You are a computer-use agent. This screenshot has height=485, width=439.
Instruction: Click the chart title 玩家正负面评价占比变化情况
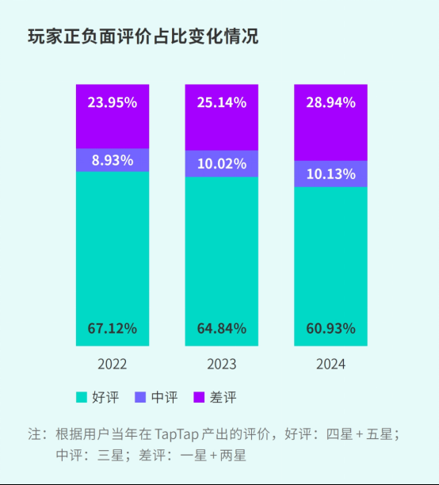pyautogui.click(x=143, y=37)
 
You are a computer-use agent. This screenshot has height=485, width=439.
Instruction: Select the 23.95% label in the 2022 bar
pyautogui.click(x=113, y=102)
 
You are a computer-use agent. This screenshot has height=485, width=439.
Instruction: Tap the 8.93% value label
pyautogui.click(x=113, y=159)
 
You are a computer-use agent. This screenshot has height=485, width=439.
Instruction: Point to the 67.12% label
pyautogui.click(x=113, y=327)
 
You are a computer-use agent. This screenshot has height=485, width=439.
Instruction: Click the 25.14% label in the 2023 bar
pyautogui.click(x=221, y=102)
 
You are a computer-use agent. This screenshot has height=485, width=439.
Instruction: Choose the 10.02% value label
pyautogui.click(x=221, y=163)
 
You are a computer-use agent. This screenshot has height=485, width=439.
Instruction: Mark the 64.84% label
pyautogui.click(x=221, y=327)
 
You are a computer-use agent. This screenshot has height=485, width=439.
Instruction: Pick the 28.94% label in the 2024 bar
pyautogui.click(x=330, y=102)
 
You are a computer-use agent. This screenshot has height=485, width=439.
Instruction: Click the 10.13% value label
pyautogui.click(x=330, y=174)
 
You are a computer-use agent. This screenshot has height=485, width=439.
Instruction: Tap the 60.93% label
pyautogui.click(x=330, y=327)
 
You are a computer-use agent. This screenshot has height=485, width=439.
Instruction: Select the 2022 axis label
pyautogui.click(x=113, y=365)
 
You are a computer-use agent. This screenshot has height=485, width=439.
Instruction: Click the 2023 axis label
pyautogui.click(x=221, y=365)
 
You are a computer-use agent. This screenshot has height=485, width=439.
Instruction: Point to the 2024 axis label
pyautogui.click(x=330, y=365)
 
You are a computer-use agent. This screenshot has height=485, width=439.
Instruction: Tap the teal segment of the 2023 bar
pyautogui.click(x=221, y=254)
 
